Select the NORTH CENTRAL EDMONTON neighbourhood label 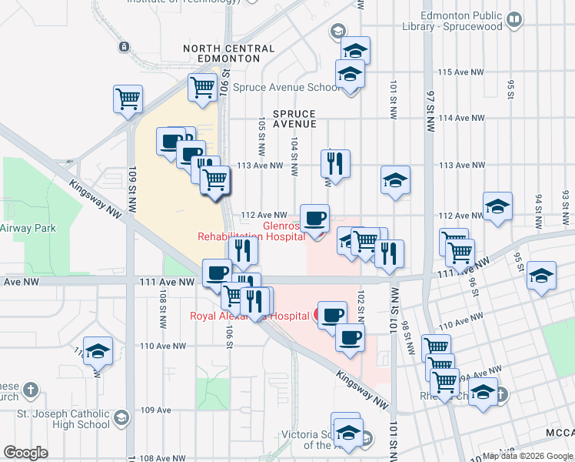228,53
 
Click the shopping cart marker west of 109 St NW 128,99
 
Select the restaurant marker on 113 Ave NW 335,163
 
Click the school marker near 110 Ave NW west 98,352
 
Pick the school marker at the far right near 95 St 542,276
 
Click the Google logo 26,452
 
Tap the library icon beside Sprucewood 515,18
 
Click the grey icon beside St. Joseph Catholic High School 121,418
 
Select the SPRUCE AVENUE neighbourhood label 294,119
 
